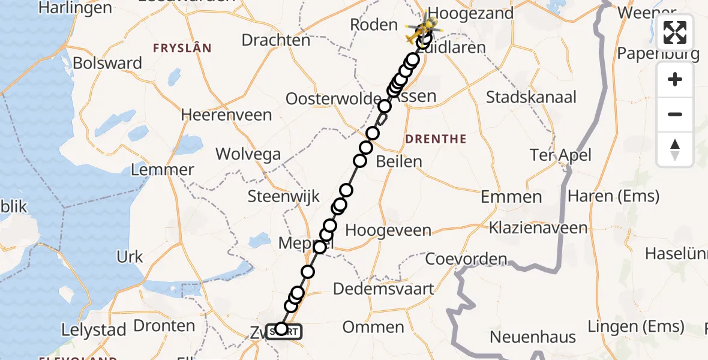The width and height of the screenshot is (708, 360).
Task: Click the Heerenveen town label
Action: tap(226, 114)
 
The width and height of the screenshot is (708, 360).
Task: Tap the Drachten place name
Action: tap(276, 40)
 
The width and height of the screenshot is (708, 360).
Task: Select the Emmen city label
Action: tap(511, 197)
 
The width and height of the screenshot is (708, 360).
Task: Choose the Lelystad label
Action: tap(94, 330)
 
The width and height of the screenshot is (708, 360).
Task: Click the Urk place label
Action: tap(130, 257)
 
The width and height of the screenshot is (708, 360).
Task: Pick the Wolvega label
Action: tap(248, 154)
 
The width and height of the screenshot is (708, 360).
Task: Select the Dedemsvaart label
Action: tap(383, 289)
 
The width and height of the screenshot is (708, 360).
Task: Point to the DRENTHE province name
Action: tap(436, 139)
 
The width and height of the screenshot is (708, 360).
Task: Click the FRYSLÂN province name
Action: tap(182, 48)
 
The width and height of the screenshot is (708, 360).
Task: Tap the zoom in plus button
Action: tap(675, 79)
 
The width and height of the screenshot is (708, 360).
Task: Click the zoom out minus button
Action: tap(675, 114)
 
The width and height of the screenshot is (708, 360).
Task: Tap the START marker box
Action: tap(284, 331)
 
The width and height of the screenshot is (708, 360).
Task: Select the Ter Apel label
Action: tap(560, 155)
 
